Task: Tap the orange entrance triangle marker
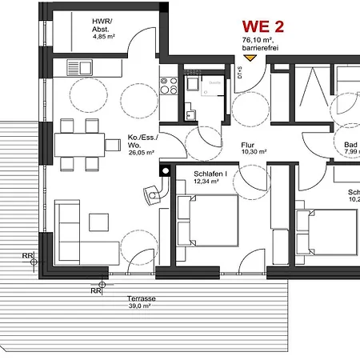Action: (x=250, y=58)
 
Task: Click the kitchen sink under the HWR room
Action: (x=81, y=68)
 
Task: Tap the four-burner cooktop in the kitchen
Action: (x=169, y=78)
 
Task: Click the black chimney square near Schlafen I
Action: (x=166, y=170)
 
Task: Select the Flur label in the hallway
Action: (x=248, y=146)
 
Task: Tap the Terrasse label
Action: (x=142, y=298)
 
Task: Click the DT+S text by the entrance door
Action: (x=239, y=76)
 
